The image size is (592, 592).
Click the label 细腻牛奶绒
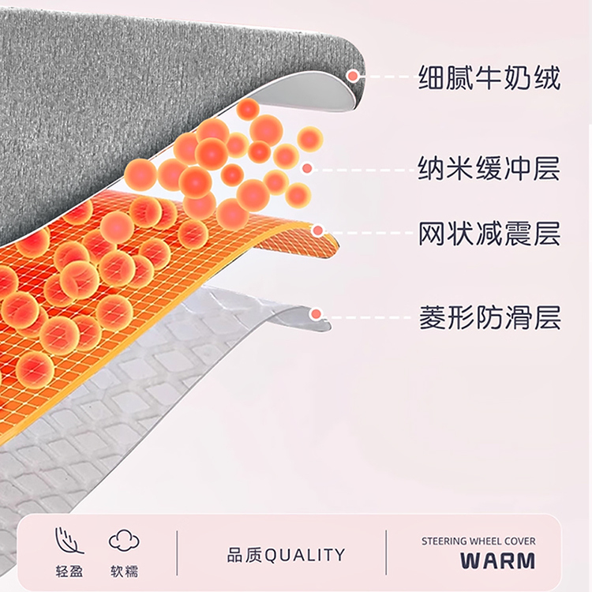coord(489,78)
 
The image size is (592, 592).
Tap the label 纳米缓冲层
coord(489,167)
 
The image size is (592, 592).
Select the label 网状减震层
coord(489,233)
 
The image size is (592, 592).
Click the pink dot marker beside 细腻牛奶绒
coord(353,77)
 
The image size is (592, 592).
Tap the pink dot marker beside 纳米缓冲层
coord(307,168)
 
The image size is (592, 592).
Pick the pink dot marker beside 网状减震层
coord(318,231)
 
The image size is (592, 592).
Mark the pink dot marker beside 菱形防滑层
coord(316,314)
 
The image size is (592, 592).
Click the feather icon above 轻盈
coord(69,541)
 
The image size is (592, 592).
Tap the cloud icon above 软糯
coord(124,541)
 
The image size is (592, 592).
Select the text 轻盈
coord(69,570)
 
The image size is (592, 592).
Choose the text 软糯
coord(124,570)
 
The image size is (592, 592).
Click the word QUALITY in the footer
coord(305,555)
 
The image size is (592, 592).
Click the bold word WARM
coord(497,561)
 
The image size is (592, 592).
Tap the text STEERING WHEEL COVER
coord(478,541)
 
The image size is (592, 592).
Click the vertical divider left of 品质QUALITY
coord(177,553)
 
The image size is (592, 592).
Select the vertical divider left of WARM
coord(386,553)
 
